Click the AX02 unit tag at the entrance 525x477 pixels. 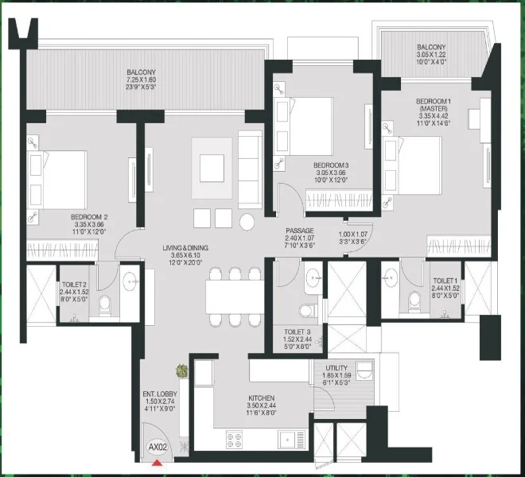[157, 448]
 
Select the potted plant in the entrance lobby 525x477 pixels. [183, 370]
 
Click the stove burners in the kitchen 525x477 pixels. [236, 436]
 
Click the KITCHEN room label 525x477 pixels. [261, 397]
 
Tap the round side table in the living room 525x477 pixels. [248, 219]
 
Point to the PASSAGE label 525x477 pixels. [301, 231]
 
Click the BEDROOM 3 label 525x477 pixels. [331, 165]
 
